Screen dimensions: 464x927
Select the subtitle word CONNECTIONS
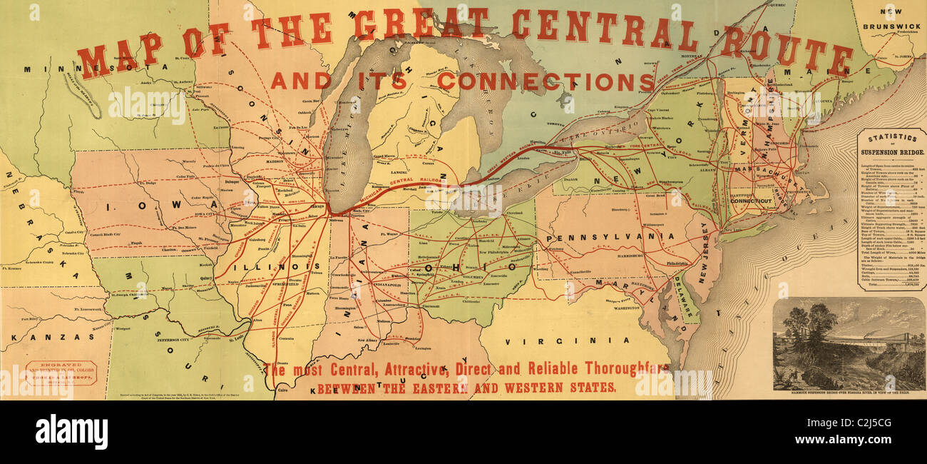point(546,81)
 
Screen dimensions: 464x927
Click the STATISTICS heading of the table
point(892,137)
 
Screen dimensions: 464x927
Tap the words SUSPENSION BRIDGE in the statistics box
point(892,152)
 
